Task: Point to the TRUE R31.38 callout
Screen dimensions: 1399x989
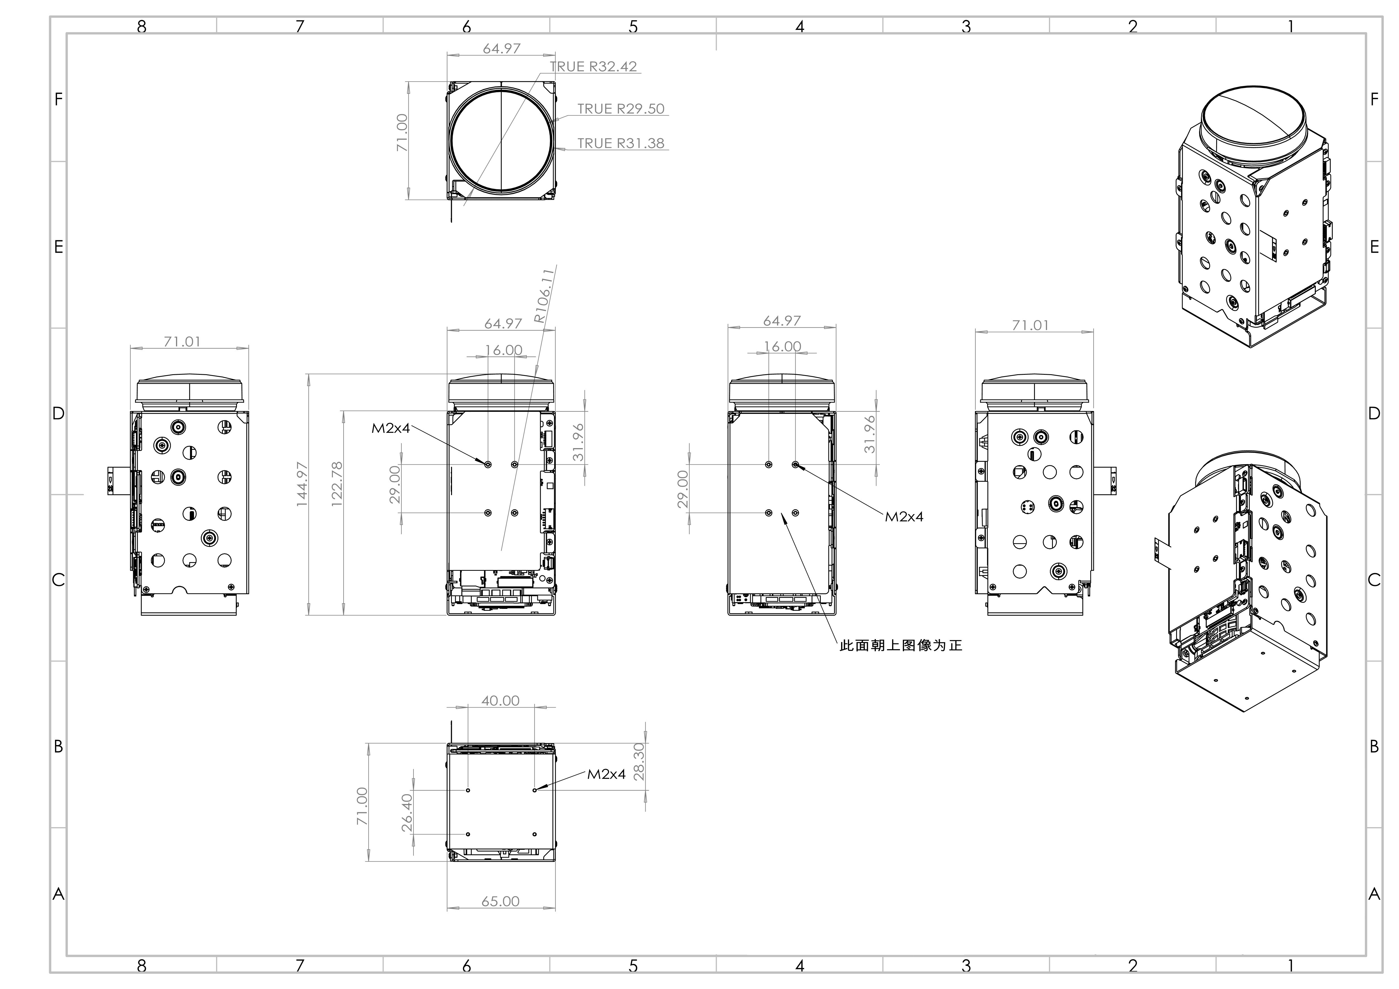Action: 621,143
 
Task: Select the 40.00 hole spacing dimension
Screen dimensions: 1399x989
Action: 500,701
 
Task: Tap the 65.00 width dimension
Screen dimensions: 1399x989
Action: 500,901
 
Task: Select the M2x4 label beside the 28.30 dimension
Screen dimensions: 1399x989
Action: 606,774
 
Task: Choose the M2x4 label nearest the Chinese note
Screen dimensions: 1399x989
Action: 904,517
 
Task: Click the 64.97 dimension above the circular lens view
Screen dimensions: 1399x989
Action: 501,48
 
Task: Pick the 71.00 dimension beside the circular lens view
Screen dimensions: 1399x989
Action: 402,133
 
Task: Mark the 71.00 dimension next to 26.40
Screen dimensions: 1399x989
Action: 362,806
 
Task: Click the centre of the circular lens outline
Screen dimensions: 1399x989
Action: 501,140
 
